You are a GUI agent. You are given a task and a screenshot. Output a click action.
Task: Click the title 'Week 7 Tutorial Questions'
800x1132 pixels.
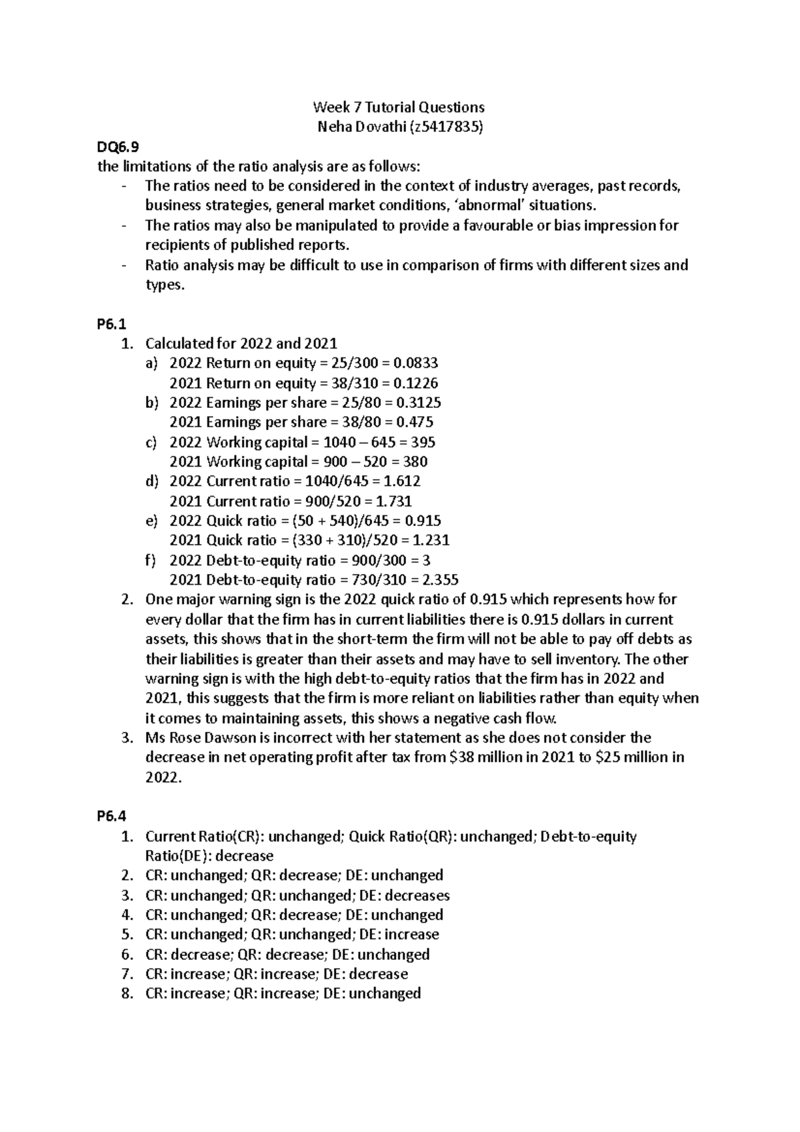point(399,107)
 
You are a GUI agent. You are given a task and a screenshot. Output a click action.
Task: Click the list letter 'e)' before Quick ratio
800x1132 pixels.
point(151,521)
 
